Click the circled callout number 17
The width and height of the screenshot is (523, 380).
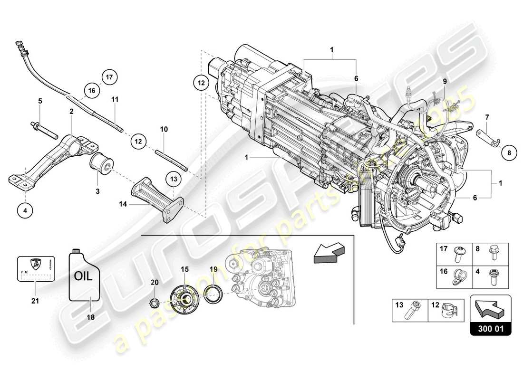(108, 76)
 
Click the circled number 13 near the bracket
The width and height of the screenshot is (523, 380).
(174, 179)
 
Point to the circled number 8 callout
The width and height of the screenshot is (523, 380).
(510, 153)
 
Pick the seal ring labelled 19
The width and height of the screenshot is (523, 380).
(213, 294)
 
